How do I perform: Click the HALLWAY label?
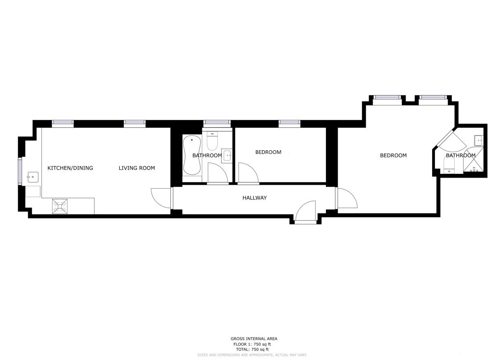coord(255,198)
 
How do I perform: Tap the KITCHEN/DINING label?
coord(70,168)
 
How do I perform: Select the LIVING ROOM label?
coord(137,168)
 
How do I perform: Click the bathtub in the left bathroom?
coord(192,155)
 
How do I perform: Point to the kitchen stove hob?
coord(60,206)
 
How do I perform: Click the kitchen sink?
coord(33,177)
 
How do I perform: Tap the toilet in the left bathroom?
coord(212,141)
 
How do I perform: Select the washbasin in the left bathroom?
coord(226,156)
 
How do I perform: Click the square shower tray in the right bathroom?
coord(473,160)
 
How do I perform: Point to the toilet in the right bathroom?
coord(449,165)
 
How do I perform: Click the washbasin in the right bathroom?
coord(479,140)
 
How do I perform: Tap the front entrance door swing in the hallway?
coord(305,211)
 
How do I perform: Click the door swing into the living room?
coord(161,198)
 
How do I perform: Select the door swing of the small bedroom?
coord(248,172)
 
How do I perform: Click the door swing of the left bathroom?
coord(218,172)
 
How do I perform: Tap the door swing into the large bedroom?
coord(347,198)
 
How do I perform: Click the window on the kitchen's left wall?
coord(20,171)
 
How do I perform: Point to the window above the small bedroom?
coord(290,122)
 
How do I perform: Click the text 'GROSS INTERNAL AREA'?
coord(254,339)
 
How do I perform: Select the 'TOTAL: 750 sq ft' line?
coord(252,349)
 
